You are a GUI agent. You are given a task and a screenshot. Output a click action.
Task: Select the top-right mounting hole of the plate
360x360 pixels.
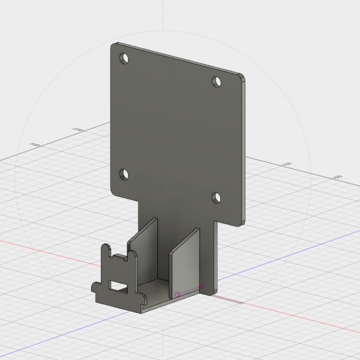pyautogui.click(x=216, y=81)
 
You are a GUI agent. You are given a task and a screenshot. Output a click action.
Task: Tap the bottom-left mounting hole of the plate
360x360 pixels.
pyautogui.click(x=123, y=174)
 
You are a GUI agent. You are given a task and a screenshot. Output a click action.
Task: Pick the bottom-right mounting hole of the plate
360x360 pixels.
pyautogui.click(x=216, y=197)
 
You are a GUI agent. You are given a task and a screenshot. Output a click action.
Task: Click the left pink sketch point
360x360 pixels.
pyautogui.click(x=177, y=294)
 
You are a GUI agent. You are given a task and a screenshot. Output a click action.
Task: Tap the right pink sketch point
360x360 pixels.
pyautogui.click(x=202, y=286)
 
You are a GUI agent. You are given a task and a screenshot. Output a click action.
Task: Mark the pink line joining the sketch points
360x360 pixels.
pyautogui.click(x=190, y=290)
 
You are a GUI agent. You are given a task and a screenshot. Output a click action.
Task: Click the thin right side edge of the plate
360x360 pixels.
pyautogui.click(x=244, y=150)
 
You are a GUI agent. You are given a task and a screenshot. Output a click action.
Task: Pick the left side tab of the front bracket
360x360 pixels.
pyautogui.click(x=95, y=287)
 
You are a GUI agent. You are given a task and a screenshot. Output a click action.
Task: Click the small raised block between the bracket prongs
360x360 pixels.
pyautogui.click(x=119, y=258)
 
